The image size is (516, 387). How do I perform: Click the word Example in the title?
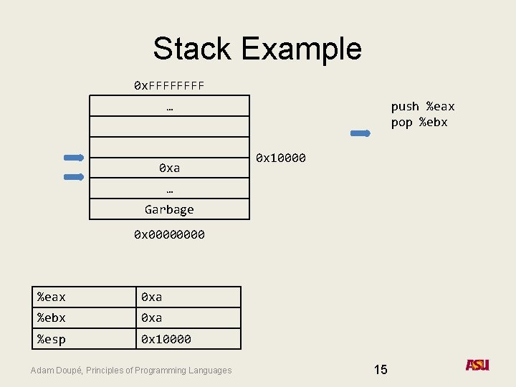301,49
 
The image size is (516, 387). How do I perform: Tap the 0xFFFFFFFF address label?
169,86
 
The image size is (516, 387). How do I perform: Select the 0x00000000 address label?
169,234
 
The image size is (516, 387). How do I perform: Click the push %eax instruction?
422,107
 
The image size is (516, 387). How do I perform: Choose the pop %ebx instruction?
419,122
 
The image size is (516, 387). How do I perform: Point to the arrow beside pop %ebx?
360,133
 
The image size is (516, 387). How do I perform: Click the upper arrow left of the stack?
74,158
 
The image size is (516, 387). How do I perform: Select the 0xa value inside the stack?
169,168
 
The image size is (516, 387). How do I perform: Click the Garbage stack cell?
169,209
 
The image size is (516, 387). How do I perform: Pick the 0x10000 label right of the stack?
281,158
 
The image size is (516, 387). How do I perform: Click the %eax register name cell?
52,297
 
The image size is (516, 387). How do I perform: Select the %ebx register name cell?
52,317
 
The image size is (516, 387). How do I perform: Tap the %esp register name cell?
52,339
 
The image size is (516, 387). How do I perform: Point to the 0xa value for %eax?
152,297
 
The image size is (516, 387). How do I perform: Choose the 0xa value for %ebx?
152,317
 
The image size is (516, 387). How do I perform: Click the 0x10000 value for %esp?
166,339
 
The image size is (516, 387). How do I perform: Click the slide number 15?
381,370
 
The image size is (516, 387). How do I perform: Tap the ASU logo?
477,365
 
